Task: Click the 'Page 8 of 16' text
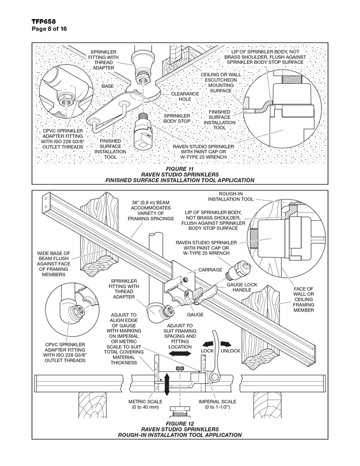(49, 29)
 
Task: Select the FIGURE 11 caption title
(179, 168)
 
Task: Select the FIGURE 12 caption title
(179, 422)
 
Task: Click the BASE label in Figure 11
(107, 86)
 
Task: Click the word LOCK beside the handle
(207, 350)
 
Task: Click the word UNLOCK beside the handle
(230, 350)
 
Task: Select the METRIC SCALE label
(145, 404)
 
